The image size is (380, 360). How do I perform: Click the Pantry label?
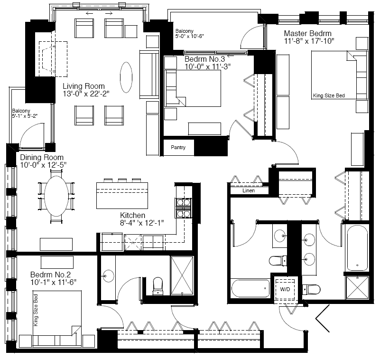point(178,147)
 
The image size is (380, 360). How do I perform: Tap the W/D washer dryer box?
point(285,289)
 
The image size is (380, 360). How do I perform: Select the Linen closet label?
point(249,190)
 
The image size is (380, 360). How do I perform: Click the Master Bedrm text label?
point(307,33)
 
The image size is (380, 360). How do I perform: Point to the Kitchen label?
point(132,215)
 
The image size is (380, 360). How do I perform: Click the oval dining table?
point(56,196)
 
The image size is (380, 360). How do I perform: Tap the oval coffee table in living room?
point(126,77)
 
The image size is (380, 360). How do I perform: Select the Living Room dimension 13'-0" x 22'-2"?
point(86,94)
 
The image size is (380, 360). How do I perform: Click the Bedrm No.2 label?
point(50,275)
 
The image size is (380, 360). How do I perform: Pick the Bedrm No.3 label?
point(205,59)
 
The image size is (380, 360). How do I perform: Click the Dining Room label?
point(42,157)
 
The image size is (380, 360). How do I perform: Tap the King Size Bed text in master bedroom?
point(329,95)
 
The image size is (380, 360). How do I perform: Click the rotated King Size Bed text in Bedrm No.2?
point(36,310)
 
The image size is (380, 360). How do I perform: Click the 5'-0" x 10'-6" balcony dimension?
point(189,36)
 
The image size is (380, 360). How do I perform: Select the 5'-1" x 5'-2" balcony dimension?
point(25,116)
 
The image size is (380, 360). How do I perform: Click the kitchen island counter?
point(122,196)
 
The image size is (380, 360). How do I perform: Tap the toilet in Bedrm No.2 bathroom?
point(158,286)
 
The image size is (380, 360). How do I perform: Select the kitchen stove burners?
point(184,208)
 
